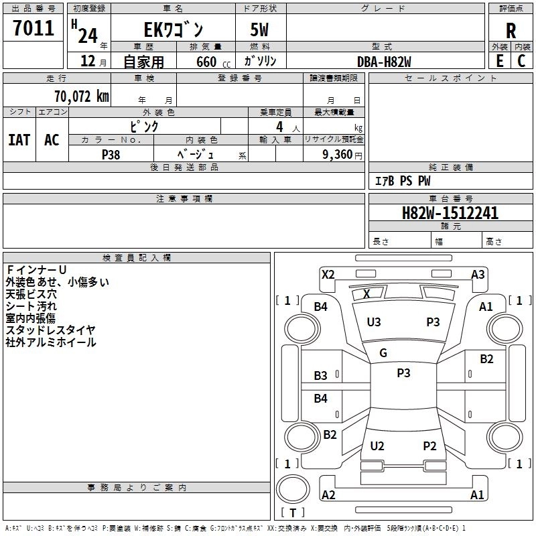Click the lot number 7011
[33, 28]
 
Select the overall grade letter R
[511, 31]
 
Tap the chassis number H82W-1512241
[450, 213]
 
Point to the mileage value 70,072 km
[82, 96]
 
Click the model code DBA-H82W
[384, 62]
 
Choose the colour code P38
[111, 155]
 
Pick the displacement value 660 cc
[213, 62]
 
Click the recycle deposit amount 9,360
[338, 155]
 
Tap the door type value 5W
[259, 29]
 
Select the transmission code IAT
[19, 140]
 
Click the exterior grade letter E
[500, 61]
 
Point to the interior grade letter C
[521, 61]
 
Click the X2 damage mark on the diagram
[328, 275]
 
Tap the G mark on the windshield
[383, 353]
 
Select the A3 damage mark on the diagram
[478, 275]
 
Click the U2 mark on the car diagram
[377, 446]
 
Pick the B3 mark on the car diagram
[321, 375]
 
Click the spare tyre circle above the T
[293, 489]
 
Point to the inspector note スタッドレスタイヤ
[51, 330]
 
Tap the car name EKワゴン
[174, 29]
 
